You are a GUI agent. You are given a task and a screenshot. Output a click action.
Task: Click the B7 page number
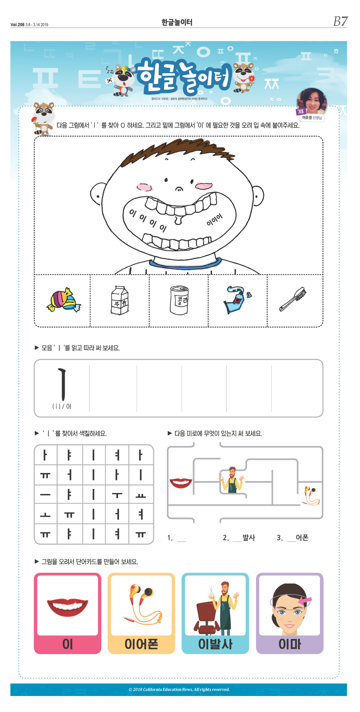tap(340, 21)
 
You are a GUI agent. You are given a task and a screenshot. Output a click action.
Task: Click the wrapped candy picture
tap(63, 300)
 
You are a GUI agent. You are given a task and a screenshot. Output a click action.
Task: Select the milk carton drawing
tap(120, 300)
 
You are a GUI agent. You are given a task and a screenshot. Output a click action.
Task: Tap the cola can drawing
tap(179, 300)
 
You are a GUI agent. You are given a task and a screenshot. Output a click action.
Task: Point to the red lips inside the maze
tap(181, 482)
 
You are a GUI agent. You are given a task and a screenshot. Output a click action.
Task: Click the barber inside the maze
tap(232, 480)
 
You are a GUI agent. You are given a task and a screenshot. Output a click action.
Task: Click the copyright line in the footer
tap(179, 689)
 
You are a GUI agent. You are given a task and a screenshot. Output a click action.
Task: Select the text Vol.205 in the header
tap(17, 25)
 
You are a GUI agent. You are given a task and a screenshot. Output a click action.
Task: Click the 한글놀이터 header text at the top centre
tap(177, 22)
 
